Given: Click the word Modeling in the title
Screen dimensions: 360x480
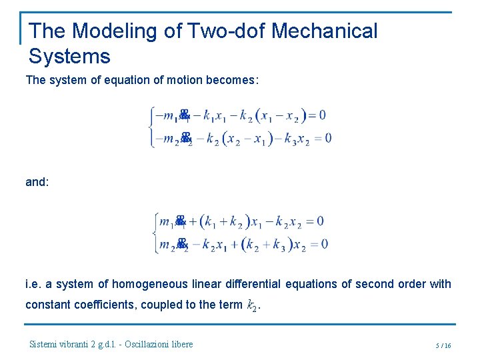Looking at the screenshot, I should (113, 31).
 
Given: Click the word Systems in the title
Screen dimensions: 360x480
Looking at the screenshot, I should (69, 56).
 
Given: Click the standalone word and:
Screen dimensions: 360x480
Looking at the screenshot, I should (37, 181).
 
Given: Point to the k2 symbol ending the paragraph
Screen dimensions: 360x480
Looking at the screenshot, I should (252, 306).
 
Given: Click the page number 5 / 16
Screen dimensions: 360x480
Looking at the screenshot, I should (443, 345).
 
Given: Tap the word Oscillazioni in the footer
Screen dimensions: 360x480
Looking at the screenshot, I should (143, 344).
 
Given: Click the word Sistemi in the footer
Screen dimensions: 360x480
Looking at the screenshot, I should (45, 344).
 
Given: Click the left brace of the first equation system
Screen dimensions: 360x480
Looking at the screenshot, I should (151, 127).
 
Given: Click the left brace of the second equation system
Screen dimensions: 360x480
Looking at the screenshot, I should (156, 233).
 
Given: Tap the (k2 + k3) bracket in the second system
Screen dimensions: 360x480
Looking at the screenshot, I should (267, 245).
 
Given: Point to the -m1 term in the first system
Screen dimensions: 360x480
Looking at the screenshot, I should (166, 116).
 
